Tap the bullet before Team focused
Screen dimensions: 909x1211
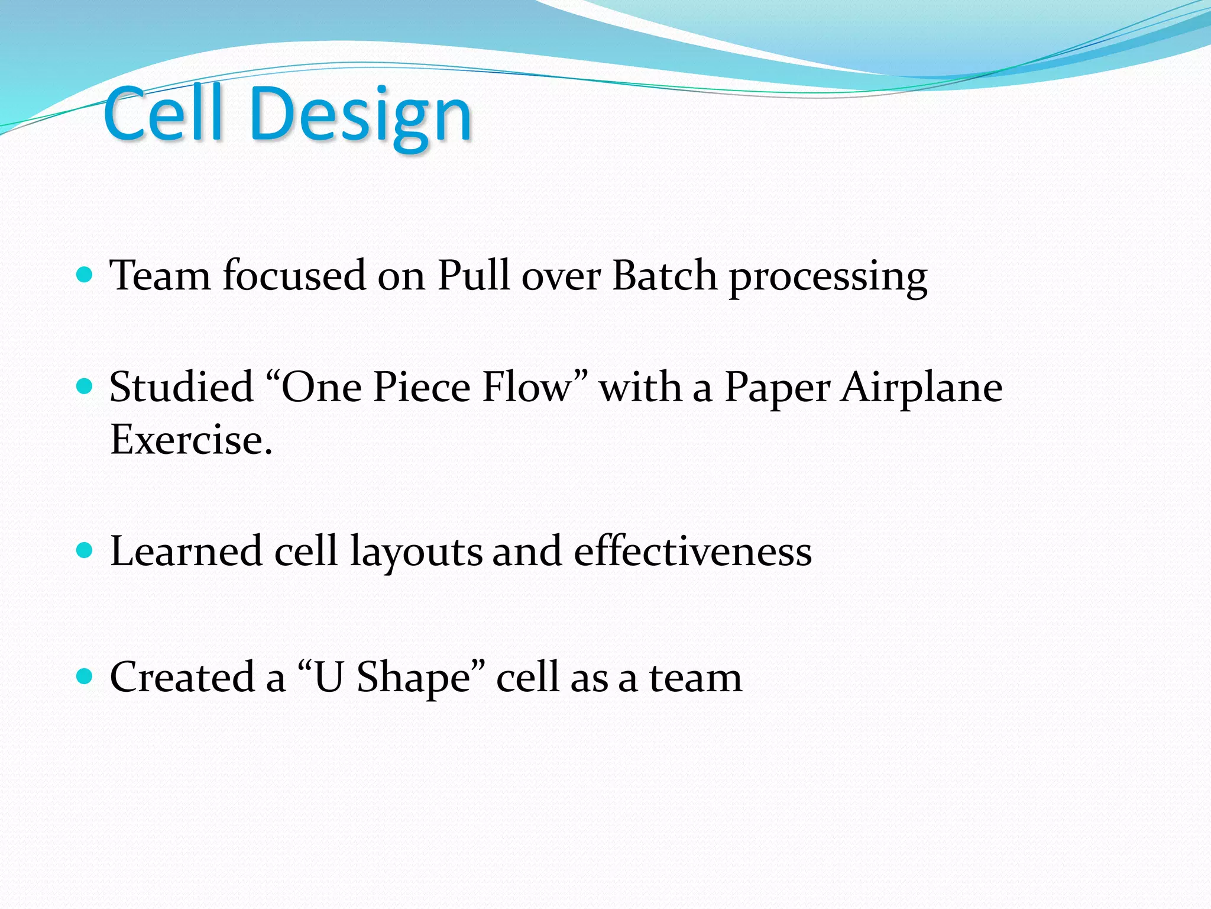[x=85, y=275]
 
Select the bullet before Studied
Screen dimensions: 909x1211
[x=85, y=386]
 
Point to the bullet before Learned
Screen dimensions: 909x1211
[x=85, y=550]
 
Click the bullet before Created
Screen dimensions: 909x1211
[x=85, y=676]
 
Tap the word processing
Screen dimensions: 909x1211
[x=828, y=278]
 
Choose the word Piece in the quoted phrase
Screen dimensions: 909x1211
[x=422, y=387]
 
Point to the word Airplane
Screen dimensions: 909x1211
[x=922, y=388]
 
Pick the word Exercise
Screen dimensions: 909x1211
[x=191, y=440]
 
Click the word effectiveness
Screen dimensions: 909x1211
[x=692, y=551]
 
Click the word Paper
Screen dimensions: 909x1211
[x=777, y=389]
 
